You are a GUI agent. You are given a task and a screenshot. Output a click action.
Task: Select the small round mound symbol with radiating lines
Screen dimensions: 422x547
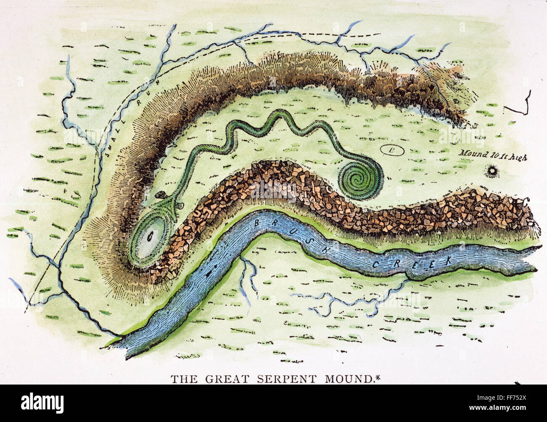click(x=491, y=170)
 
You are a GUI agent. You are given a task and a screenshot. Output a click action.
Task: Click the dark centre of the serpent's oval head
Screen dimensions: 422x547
click(x=149, y=238)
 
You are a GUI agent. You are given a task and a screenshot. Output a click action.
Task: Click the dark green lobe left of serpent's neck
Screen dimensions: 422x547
click(x=160, y=196)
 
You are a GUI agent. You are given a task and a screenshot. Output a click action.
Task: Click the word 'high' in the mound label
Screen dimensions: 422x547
click(x=517, y=154)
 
